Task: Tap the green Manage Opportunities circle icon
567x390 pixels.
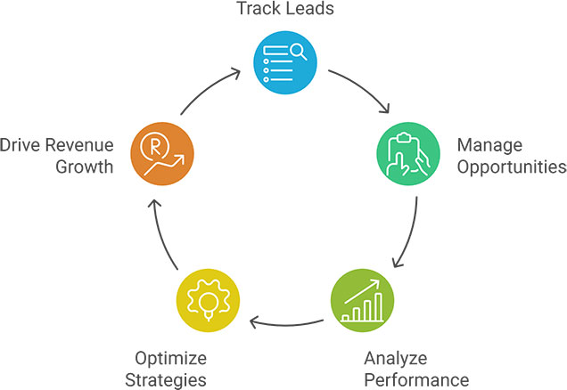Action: pyautogui.click(x=408, y=154)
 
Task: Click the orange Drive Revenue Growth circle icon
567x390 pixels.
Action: pyautogui.click(x=160, y=154)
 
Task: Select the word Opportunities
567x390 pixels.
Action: pyautogui.click(x=511, y=166)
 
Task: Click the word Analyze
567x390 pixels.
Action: pyautogui.click(x=396, y=358)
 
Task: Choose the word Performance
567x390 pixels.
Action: pyautogui.click(x=416, y=379)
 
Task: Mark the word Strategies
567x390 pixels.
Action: pyautogui.click(x=169, y=379)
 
